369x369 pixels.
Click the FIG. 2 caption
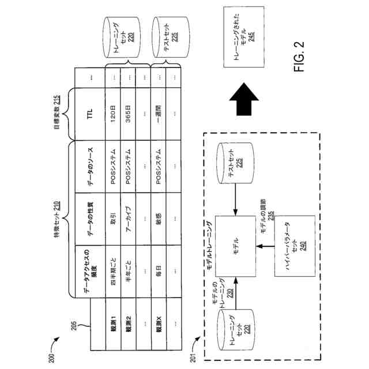(299, 57)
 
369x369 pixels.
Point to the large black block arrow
(244, 99)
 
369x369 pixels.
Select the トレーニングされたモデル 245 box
(244, 37)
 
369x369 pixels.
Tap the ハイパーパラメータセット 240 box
(295, 246)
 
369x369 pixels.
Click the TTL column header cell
(90, 114)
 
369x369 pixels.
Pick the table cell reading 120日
(113, 114)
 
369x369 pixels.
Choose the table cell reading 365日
(128, 114)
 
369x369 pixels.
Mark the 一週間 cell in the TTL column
(159, 114)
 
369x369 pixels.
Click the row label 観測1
(114, 324)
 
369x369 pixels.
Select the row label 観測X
(159, 324)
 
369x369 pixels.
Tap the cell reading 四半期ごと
(113, 272)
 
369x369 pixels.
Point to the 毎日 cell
(159, 272)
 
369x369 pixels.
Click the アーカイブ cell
(128, 219)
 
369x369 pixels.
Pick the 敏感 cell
(159, 219)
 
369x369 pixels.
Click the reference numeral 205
(74, 326)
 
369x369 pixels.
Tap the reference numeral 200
(51, 358)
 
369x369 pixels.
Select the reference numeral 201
(193, 358)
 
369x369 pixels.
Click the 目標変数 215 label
(57, 112)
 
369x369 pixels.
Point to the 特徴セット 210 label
(57, 219)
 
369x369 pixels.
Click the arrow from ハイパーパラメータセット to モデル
(265, 246)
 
